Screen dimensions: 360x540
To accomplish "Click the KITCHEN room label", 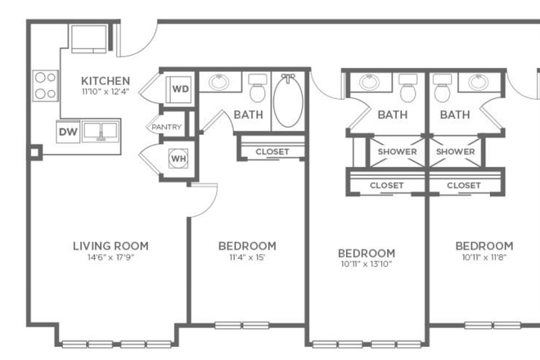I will pos(106,80).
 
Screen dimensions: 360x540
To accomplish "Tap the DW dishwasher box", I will pos(68,132).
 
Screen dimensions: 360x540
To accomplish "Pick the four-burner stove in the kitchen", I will pos(45,85).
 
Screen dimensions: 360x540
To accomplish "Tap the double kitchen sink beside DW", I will pos(102,131).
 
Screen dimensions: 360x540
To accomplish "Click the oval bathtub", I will pos(287,101).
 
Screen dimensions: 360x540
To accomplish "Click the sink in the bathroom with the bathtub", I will pos(218,83).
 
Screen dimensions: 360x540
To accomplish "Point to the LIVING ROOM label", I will pos(110,245).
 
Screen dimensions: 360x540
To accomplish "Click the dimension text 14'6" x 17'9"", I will pos(110,257).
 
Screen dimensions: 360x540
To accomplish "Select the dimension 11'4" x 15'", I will pos(247,257).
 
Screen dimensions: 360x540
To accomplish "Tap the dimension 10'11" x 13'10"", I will pos(367,265).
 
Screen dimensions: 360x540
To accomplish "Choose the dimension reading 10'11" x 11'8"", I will pos(484,258).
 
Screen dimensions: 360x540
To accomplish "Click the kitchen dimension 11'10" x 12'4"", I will pos(106,92).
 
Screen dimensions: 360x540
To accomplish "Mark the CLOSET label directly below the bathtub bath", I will pos(272,151).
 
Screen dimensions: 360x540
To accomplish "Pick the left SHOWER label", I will pos(397,151).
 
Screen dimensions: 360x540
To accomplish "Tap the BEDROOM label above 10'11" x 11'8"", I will pos(484,245).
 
